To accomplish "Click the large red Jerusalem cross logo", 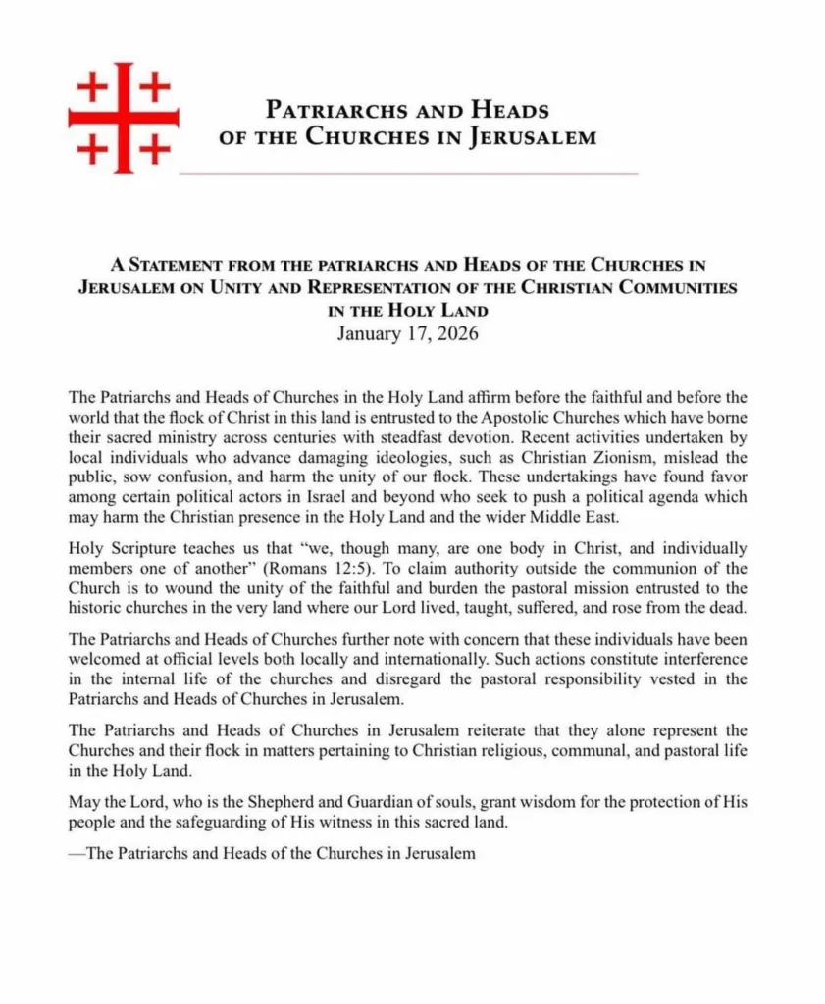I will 123,118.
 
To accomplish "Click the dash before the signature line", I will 77,854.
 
